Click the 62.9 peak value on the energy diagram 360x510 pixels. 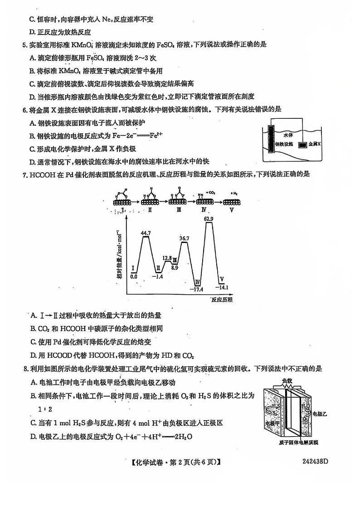[209, 219]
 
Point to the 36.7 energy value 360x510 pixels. [184, 238]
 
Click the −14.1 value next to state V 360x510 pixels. [223, 287]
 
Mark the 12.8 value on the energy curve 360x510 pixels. [167, 258]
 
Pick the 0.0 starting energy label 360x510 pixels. [134, 276]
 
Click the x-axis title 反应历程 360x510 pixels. [222, 300]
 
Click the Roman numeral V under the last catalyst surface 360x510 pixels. [232, 210]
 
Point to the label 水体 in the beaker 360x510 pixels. [289, 135]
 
